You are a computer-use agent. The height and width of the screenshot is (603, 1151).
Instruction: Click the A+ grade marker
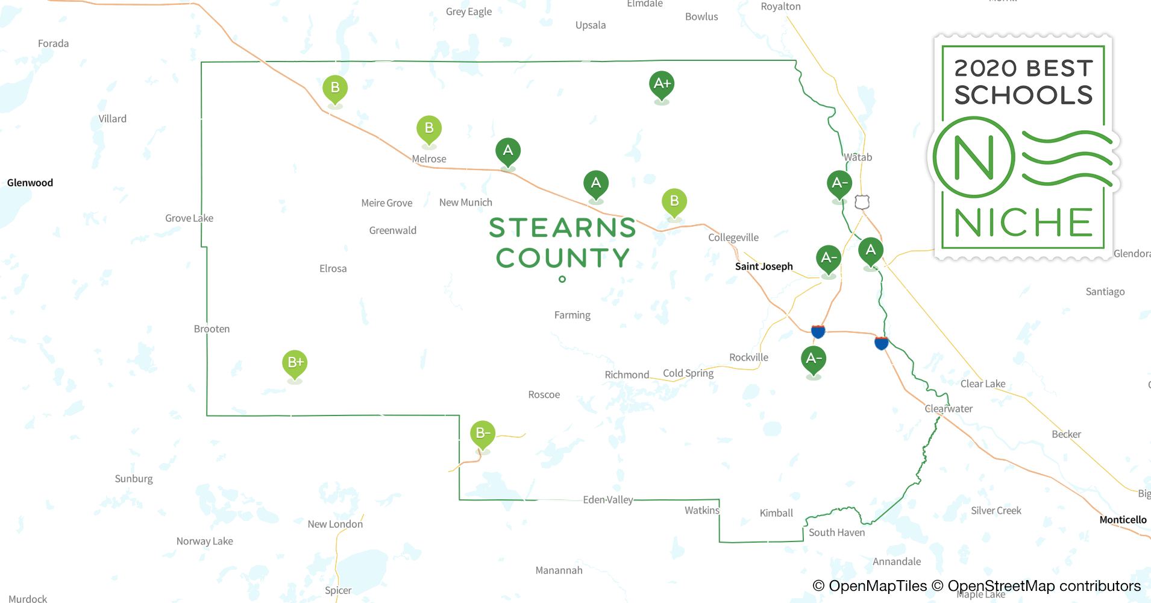[662, 84]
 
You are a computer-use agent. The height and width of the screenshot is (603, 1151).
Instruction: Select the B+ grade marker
[295, 363]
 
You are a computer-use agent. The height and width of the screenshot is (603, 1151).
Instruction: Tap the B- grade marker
[483, 434]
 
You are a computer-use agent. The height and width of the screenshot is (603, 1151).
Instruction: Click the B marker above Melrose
[429, 129]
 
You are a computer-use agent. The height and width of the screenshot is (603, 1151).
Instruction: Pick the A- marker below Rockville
[814, 359]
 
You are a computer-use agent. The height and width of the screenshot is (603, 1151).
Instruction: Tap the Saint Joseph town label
[764, 267]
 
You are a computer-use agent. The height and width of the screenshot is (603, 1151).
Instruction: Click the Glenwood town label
[30, 183]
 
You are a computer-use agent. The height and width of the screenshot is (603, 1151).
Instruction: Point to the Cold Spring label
[688, 373]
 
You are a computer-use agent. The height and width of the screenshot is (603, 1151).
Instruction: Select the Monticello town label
[1123, 520]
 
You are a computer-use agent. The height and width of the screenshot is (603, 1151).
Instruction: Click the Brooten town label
[212, 329]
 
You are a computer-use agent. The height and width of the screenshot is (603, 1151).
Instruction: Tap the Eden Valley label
[608, 500]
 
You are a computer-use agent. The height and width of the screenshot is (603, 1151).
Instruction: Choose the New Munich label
[465, 203]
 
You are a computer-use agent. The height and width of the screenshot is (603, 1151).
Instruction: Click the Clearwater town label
[949, 409]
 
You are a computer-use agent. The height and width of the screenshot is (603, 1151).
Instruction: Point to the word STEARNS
[562, 228]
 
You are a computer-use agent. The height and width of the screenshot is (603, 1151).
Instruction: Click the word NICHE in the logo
[1023, 223]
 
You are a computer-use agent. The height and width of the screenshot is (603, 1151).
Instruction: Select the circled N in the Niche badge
[974, 157]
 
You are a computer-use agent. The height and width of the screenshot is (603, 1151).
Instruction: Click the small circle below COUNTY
[562, 279]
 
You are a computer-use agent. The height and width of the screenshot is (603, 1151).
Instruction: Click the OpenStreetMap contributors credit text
[1044, 586]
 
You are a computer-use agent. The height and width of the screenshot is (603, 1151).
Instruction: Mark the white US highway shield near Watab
[862, 202]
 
